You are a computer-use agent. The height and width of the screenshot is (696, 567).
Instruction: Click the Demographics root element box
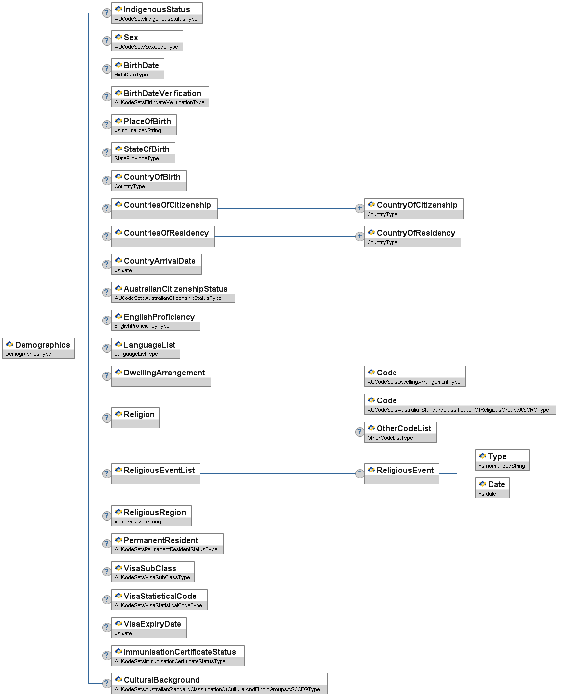click(39, 348)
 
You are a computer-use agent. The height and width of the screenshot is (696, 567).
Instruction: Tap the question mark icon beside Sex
click(106, 41)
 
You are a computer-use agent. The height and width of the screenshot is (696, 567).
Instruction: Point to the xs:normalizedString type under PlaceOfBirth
click(138, 131)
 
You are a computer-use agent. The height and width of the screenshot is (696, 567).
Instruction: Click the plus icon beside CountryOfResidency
click(360, 236)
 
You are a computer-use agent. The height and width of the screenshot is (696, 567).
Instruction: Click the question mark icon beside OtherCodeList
click(360, 432)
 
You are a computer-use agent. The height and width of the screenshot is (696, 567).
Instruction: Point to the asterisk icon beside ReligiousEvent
click(360, 473)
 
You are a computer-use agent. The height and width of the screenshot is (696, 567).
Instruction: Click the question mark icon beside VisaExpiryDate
click(106, 627)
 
